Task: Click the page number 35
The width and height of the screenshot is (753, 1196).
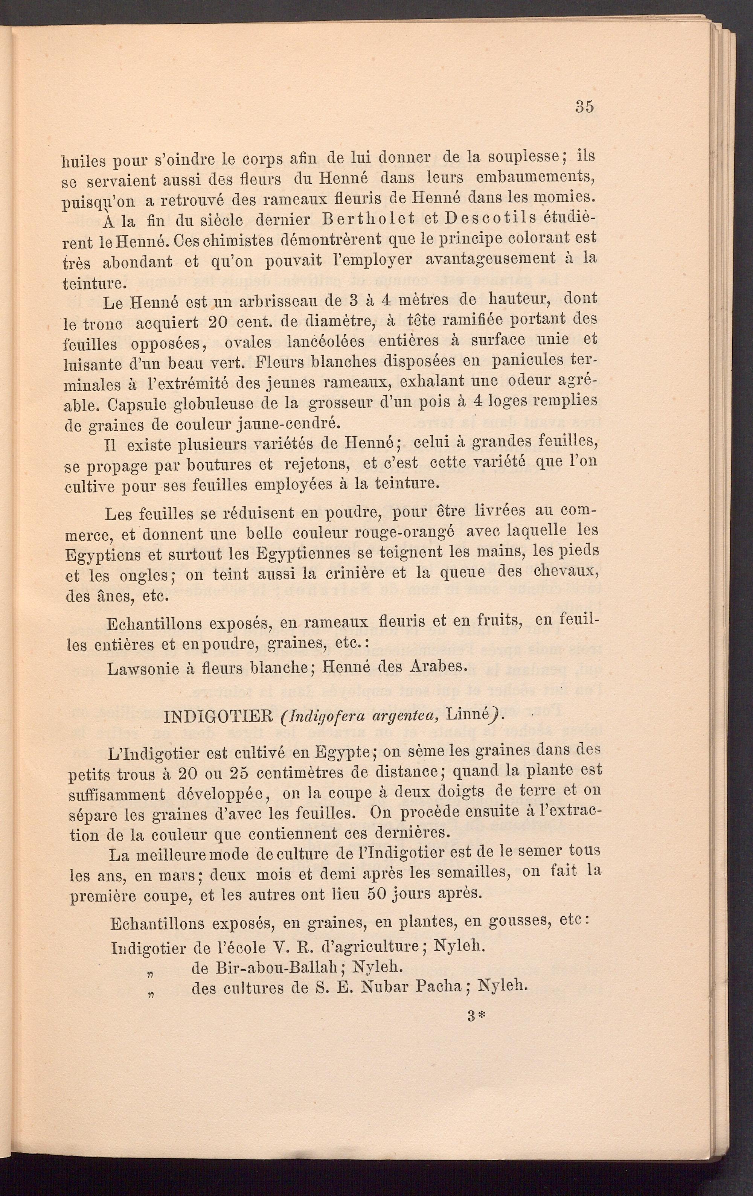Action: [585, 107]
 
